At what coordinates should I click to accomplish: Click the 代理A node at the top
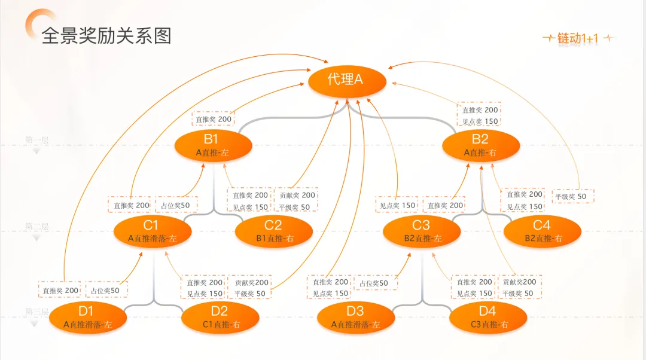click(346, 80)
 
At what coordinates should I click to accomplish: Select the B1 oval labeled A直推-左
click(212, 145)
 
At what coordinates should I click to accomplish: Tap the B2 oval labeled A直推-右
click(480, 145)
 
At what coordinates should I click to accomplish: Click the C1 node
click(151, 231)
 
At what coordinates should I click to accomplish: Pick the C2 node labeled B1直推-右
click(274, 231)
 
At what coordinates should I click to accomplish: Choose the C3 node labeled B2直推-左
click(422, 231)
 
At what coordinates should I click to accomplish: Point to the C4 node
click(543, 231)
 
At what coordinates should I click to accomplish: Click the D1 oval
click(87, 318)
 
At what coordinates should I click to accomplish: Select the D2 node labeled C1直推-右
click(220, 318)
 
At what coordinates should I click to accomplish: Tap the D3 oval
click(355, 318)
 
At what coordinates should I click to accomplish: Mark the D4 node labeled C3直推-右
click(488, 318)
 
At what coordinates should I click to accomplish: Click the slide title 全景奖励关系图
click(106, 36)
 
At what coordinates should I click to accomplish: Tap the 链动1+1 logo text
click(578, 39)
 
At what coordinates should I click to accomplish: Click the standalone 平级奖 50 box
click(572, 196)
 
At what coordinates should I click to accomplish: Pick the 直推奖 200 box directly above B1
click(213, 119)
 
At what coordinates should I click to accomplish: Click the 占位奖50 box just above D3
click(375, 283)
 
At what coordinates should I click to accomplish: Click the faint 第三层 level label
click(36, 312)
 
